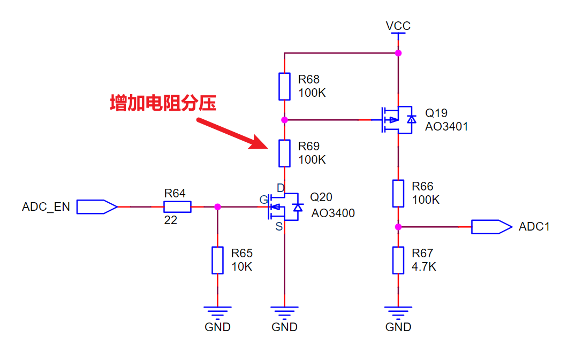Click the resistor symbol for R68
284,86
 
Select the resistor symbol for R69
284,153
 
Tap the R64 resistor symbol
177,206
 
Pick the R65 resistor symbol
217,260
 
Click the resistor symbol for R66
398,193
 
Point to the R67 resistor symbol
398,260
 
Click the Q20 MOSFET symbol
284,206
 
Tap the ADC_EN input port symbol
96,206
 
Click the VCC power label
398,26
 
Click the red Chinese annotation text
163,103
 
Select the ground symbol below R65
217,311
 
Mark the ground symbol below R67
398,311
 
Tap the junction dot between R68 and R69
284,120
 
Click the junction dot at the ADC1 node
398,227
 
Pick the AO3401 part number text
446,127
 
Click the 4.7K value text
423,266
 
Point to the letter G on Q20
263,200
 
